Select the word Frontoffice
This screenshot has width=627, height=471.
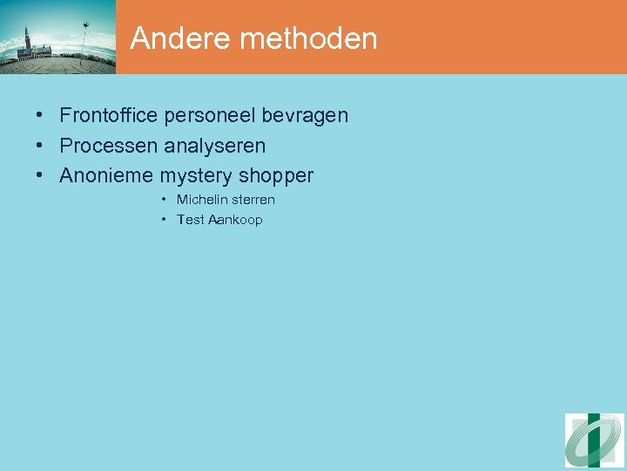tap(108, 115)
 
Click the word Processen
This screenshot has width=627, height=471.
tap(109, 146)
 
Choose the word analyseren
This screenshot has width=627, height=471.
tap(215, 146)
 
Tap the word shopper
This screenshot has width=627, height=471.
tap(276, 176)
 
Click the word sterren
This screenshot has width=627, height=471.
tap(254, 200)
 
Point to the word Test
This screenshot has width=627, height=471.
tap(191, 220)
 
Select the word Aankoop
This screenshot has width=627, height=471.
tap(235, 220)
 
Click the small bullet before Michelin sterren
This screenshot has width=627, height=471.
tap(165, 200)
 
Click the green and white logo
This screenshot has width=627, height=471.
tap(594, 440)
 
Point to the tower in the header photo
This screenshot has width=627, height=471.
tap(28, 41)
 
